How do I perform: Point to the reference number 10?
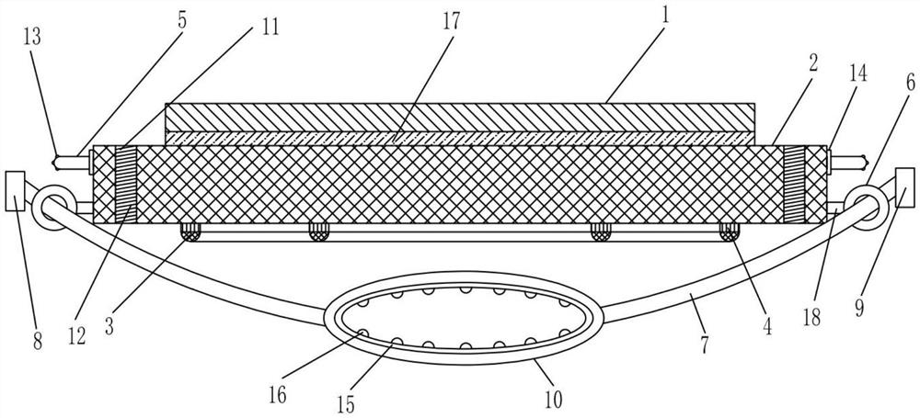tap(553, 399)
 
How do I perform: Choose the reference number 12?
tap(76, 336)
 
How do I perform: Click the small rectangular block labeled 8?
tap(16, 189)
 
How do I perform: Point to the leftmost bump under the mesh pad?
tap(191, 230)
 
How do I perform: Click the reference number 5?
tap(181, 17)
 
